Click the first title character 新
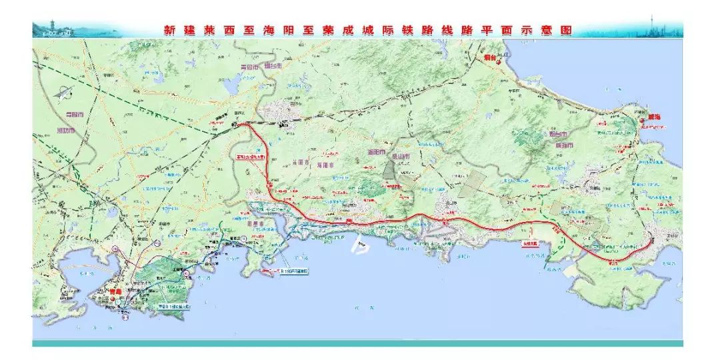(x=169, y=31)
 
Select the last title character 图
(x=566, y=31)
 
